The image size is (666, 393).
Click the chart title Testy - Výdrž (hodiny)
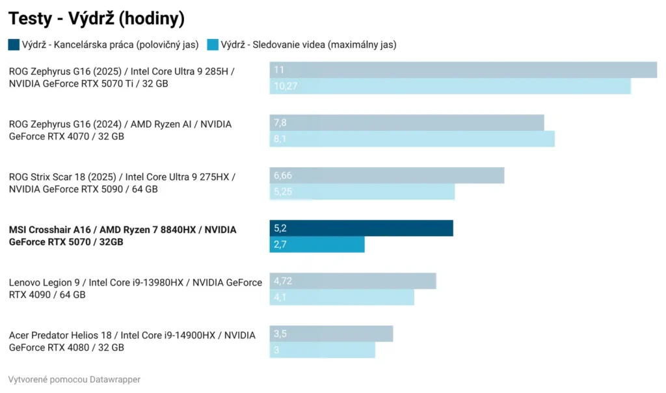(96, 19)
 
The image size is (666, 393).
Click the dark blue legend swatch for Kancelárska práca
(14, 45)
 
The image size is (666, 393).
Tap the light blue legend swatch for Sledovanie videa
(213, 45)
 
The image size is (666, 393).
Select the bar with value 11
(463, 70)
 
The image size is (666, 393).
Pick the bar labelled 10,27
(450, 86)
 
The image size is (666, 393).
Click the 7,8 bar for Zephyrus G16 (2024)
(406, 122)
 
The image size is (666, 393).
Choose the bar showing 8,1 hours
(412, 139)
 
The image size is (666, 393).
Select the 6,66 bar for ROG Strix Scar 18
(387, 175)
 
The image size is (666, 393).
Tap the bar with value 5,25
(362, 191)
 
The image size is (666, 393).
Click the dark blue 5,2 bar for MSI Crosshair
(361, 228)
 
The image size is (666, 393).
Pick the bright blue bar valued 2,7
(317, 244)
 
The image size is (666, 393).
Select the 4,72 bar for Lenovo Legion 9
(353, 281)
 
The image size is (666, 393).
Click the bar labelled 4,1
(341, 297)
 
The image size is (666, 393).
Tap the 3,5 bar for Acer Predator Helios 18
(331, 334)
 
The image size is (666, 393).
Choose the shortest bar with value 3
(322, 350)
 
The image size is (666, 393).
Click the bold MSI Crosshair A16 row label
(122, 236)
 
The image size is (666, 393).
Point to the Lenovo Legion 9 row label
(135, 288)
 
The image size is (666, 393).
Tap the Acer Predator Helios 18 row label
(132, 341)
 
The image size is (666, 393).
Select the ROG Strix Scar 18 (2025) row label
(122, 183)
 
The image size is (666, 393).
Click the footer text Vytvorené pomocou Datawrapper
(74, 379)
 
